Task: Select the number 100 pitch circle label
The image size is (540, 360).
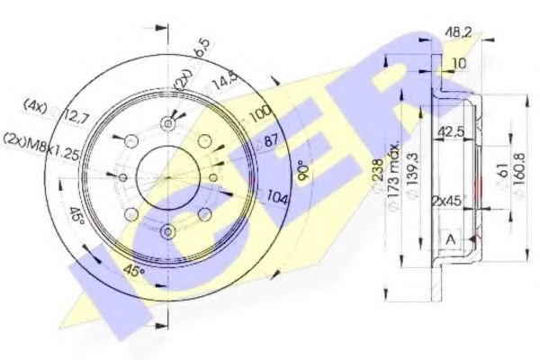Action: [259, 115]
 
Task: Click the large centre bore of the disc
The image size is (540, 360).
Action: [167, 176]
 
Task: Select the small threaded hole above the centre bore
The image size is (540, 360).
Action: [168, 123]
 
